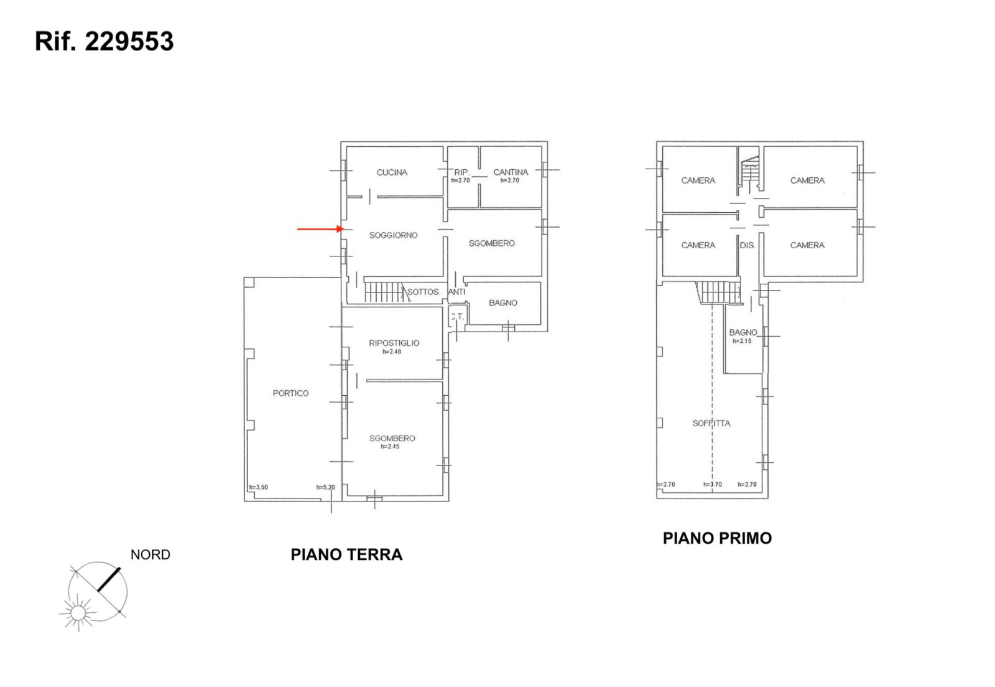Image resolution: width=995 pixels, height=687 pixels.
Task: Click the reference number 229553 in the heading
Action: (129, 41)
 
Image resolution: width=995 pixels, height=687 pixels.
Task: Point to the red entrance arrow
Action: (321, 229)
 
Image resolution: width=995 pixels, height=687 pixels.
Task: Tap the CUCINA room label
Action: (392, 172)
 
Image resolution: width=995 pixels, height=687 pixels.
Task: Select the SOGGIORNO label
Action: (393, 235)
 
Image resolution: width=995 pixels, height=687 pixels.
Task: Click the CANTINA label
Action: (511, 172)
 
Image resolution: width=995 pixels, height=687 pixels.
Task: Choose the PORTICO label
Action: (290, 393)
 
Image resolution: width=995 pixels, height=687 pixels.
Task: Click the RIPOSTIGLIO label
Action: (394, 343)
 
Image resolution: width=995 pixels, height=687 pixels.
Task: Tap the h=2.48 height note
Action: (392, 352)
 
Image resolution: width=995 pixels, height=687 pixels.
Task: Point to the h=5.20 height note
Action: (326, 487)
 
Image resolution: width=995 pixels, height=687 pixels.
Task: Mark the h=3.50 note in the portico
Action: (259, 487)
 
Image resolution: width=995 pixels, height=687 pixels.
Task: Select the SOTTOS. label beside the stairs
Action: (423, 292)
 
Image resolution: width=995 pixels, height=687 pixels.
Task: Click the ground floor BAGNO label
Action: (503, 302)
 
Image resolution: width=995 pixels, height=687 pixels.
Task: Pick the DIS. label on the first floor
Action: (747, 245)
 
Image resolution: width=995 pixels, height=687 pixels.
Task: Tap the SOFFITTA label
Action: (711, 424)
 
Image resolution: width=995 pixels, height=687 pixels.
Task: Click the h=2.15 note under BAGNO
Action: (743, 341)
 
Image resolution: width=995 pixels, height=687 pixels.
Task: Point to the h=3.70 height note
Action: (713, 484)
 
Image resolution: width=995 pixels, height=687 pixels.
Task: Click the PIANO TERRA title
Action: (346, 554)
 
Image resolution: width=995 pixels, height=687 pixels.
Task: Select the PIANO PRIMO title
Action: (718, 538)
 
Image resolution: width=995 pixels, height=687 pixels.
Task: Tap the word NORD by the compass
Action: (150, 554)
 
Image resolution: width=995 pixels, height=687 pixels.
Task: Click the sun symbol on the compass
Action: (78, 613)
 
